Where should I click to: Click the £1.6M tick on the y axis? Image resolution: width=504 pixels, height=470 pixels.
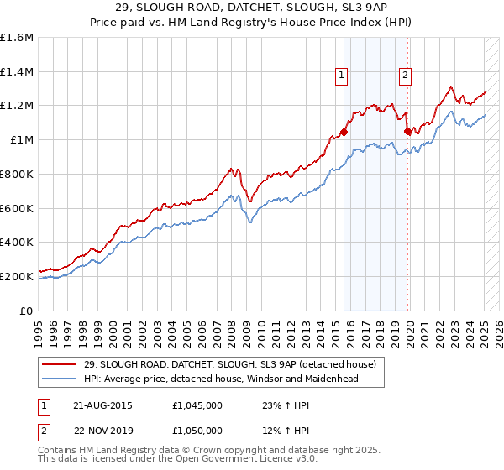(x=18, y=38)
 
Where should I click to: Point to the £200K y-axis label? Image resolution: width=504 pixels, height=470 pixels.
(x=17, y=276)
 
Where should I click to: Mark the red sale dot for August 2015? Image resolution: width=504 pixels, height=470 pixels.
(x=344, y=132)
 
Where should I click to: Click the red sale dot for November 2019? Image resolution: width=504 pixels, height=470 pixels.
(x=407, y=131)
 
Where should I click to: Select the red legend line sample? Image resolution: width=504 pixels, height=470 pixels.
(x=60, y=363)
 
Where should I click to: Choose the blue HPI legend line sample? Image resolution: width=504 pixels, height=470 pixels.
(x=60, y=379)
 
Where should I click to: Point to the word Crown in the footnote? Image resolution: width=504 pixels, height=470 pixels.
(x=197, y=452)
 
